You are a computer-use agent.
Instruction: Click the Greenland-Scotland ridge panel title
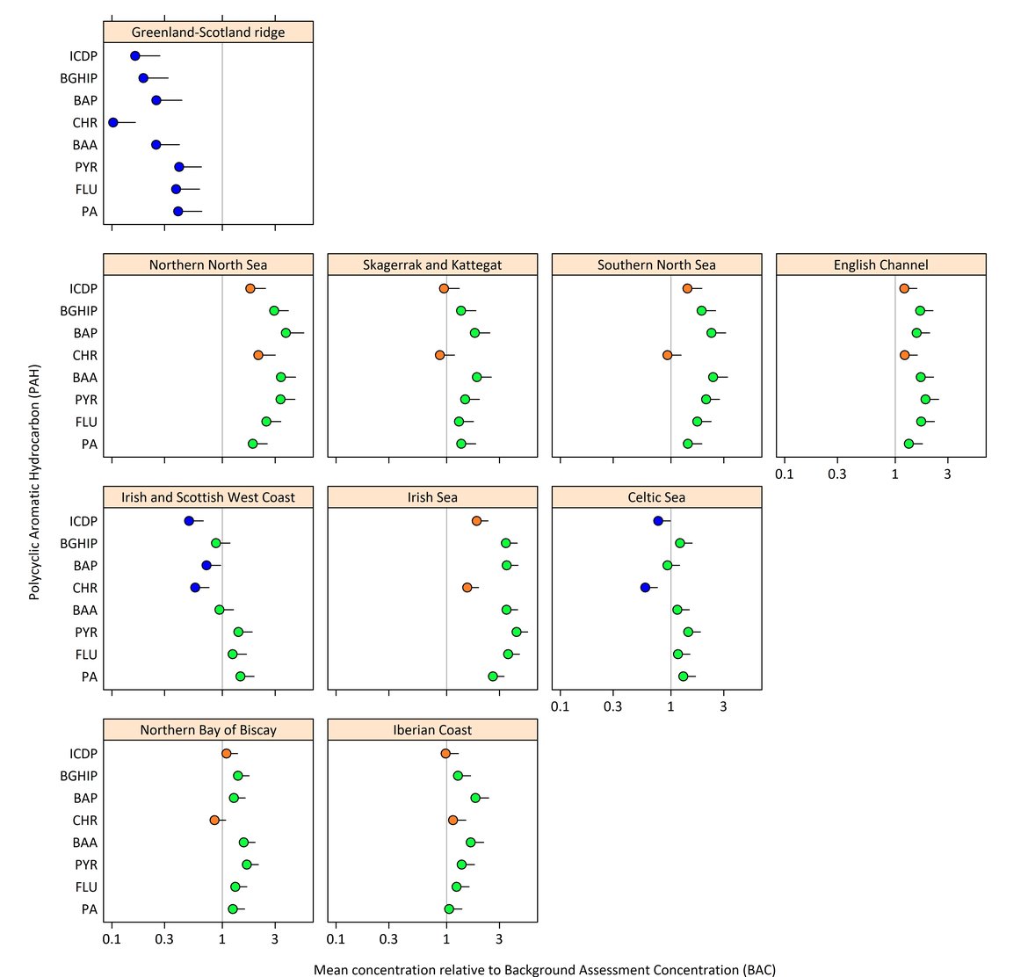tap(208, 33)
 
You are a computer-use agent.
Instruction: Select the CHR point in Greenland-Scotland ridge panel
tap(112, 122)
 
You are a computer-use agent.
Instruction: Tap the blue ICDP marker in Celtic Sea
tap(657, 521)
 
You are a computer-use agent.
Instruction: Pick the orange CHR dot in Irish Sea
tap(467, 587)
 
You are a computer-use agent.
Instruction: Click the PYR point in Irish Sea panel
tap(517, 632)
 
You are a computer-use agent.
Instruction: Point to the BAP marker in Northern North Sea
tap(286, 333)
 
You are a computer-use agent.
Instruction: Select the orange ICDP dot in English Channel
tap(904, 288)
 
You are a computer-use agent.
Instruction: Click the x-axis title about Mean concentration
tap(544, 970)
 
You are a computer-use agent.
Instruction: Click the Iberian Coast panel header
tap(432, 730)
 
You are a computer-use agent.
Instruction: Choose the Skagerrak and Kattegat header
tap(432, 264)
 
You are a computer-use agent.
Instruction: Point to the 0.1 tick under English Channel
tap(784, 474)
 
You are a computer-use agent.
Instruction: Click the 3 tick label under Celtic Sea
tap(723, 707)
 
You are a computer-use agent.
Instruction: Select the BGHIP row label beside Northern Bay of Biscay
tap(78, 776)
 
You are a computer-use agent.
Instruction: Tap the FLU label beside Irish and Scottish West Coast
tap(86, 655)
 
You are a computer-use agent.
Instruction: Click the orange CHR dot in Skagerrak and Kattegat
tap(439, 355)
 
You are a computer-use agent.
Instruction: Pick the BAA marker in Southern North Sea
tap(713, 377)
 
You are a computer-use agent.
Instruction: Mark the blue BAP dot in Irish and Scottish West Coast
tap(206, 565)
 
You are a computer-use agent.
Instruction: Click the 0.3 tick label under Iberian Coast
tap(388, 939)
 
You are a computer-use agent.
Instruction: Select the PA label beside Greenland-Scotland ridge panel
tap(89, 212)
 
